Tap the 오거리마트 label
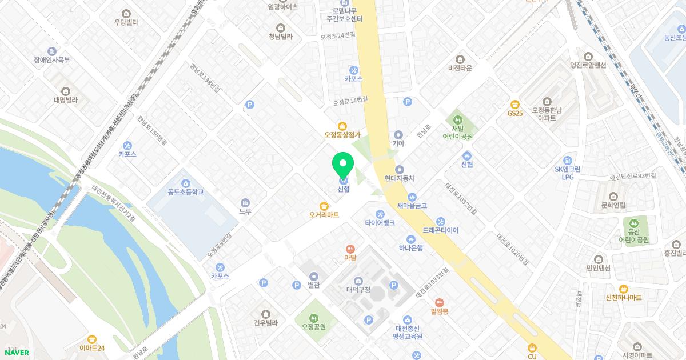point(324,215)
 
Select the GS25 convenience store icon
point(515,105)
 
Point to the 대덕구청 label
point(358,290)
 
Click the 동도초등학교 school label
point(186,191)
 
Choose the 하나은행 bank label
point(410,247)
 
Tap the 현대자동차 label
point(400,178)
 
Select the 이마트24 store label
point(92,347)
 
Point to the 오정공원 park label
point(313,327)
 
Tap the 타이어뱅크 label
point(380,223)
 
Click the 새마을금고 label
point(412,206)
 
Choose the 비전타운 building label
point(460,67)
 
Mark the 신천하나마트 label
point(624,298)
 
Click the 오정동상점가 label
point(342,135)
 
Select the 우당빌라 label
point(126,22)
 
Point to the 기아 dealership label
point(398,143)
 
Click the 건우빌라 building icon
point(266,314)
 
